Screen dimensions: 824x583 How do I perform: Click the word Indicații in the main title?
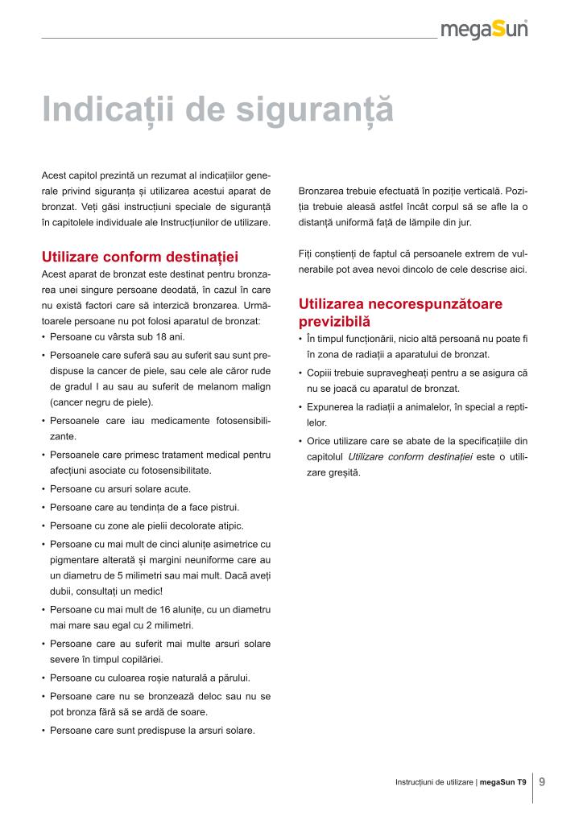click(110, 110)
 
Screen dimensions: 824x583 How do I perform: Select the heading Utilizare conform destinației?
click(140, 257)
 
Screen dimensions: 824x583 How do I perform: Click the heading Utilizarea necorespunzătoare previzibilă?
click(400, 312)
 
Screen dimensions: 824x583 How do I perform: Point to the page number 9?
click(542, 781)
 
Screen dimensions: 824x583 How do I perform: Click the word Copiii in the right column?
click(320, 373)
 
